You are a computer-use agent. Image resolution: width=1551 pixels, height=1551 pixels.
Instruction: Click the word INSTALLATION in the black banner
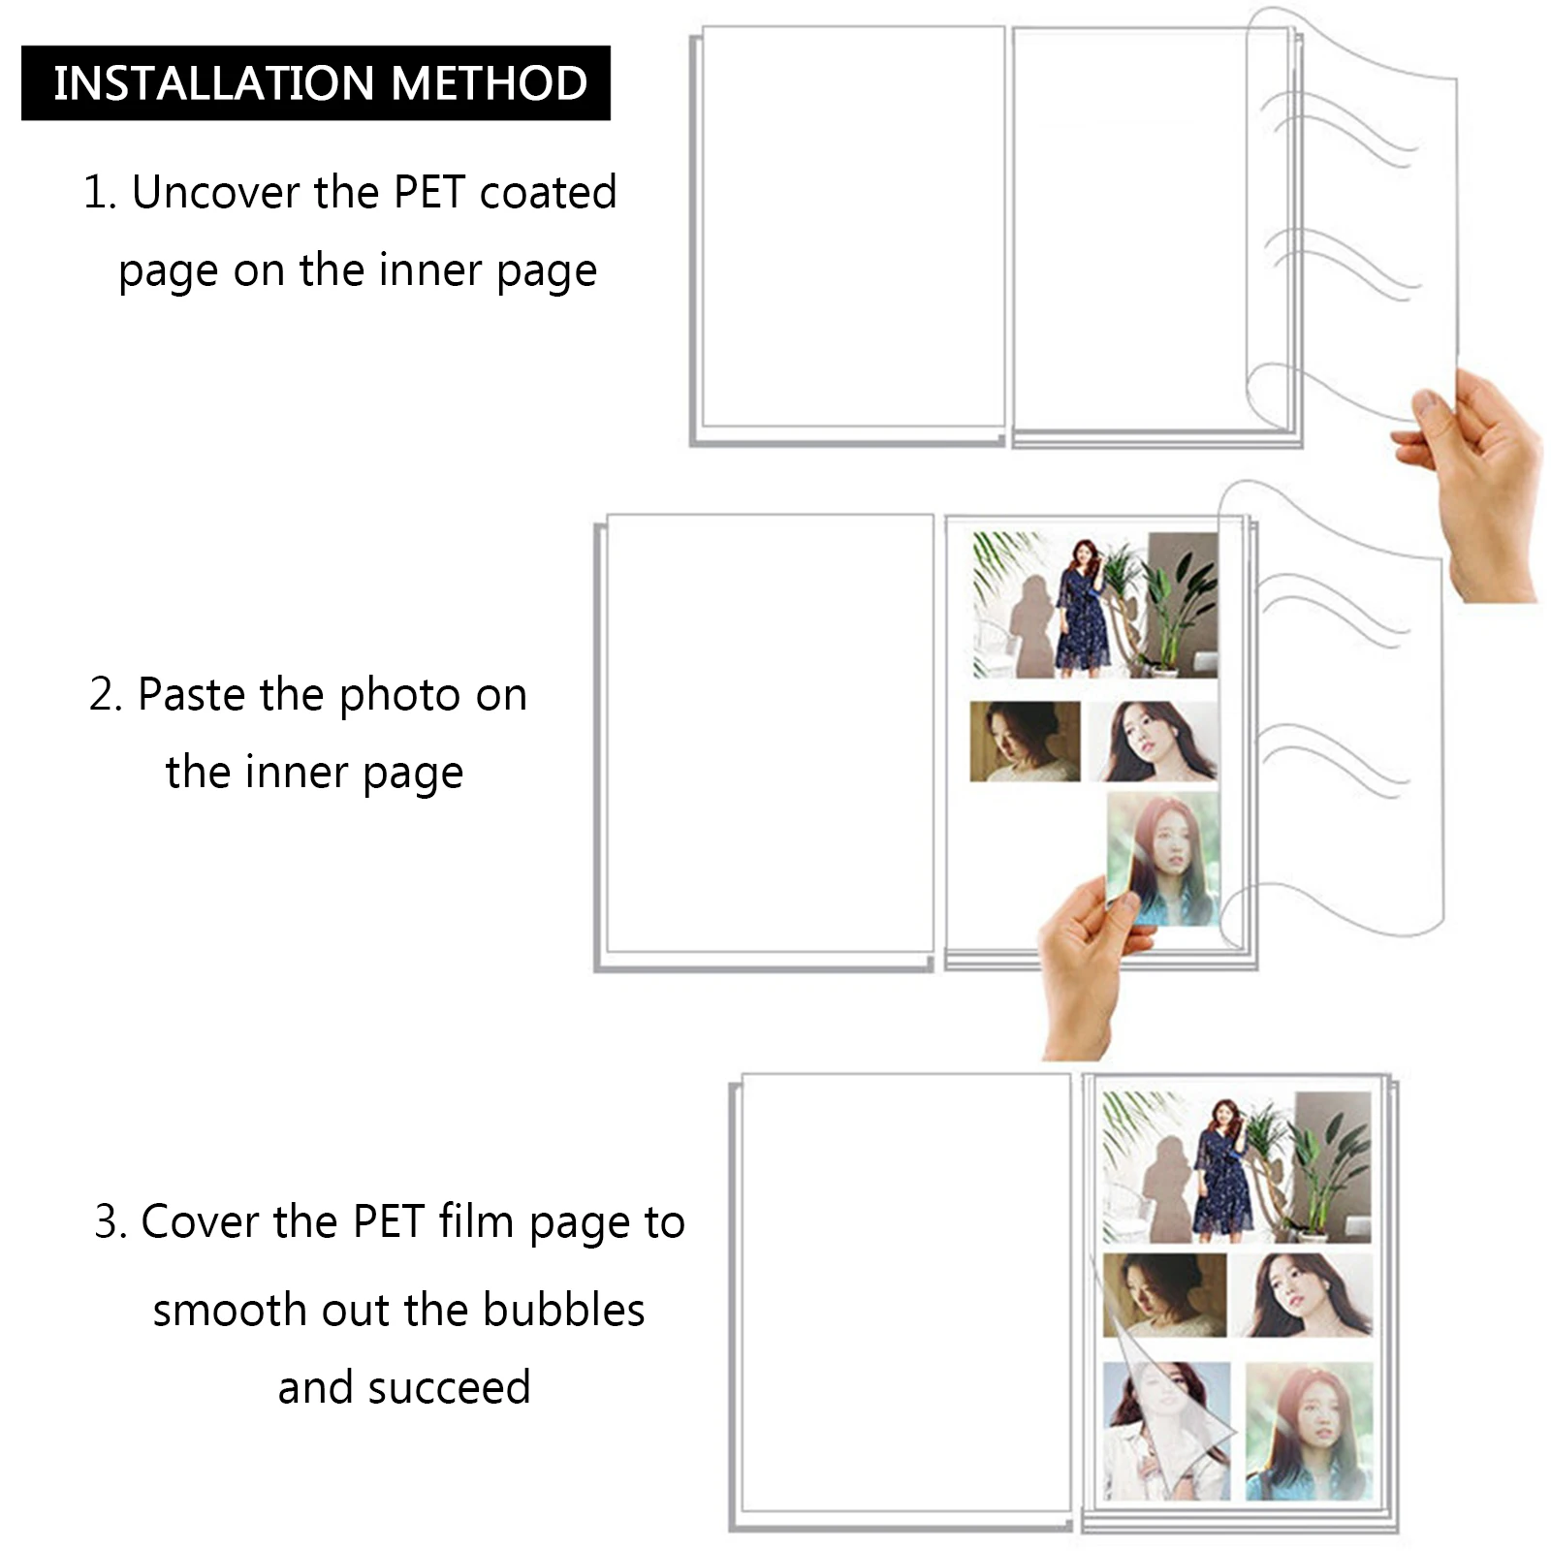214,83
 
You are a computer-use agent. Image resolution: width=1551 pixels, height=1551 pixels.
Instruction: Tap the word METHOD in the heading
490,83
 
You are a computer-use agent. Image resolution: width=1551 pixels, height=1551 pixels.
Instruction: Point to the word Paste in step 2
191,694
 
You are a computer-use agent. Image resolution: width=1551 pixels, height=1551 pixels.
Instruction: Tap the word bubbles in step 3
563,1310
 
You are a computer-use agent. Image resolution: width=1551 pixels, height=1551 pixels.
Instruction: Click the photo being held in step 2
1163,860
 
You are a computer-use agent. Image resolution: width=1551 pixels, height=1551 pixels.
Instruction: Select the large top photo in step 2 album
1095,606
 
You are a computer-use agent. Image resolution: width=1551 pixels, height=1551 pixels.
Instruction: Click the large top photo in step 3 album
1237,1167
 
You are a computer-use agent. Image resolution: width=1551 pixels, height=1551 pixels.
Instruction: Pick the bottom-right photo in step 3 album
1309,1431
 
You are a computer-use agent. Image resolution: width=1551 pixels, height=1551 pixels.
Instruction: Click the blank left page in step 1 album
853,227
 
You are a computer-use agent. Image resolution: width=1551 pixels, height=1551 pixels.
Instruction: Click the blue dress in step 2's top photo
1084,620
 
